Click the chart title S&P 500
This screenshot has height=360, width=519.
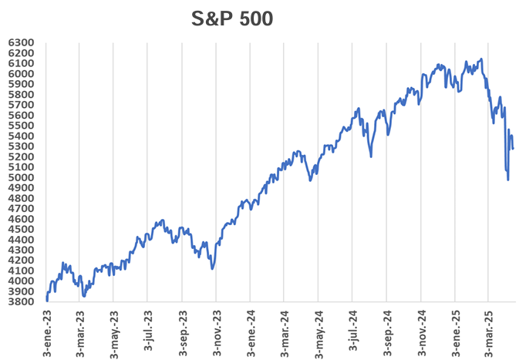point(231,19)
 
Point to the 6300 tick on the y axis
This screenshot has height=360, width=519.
point(22,42)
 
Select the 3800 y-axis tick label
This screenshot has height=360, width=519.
point(22,301)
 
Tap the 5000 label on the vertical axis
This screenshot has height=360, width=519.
point(22,177)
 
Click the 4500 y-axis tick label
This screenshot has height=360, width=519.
point(22,229)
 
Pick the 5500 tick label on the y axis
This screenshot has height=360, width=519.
point(22,126)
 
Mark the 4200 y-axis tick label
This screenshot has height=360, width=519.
point(22,260)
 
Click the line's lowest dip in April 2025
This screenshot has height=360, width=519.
point(507,180)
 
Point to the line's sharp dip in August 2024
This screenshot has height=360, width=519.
point(371,156)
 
